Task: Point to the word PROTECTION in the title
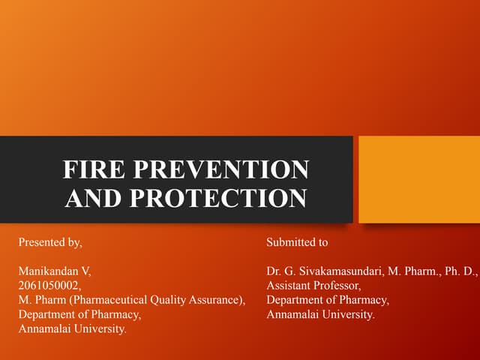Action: click(218, 198)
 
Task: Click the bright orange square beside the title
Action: click(418, 179)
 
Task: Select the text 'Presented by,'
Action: click(49, 243)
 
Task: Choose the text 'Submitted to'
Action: click(297, 243)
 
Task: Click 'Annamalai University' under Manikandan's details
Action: click(71, 328)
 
